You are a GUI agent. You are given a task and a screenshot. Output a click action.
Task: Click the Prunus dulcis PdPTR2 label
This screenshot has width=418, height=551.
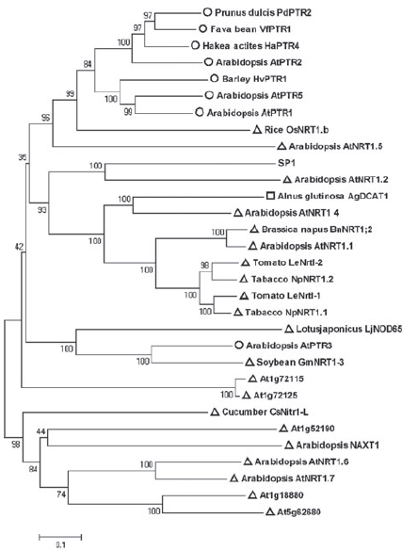tap(263, 12)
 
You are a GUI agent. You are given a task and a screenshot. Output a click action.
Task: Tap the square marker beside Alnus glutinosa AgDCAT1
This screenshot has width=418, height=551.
tap(270, 196)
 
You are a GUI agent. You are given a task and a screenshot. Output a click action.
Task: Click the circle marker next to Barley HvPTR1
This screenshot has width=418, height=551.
tap(214, 78)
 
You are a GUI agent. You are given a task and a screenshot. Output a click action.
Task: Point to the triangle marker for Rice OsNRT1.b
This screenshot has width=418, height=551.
tap(257, 130)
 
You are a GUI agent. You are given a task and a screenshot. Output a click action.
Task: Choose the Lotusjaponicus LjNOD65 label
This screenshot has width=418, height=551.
tap(348, 329)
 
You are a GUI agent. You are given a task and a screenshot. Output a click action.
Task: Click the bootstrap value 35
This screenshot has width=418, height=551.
tap(23, 158)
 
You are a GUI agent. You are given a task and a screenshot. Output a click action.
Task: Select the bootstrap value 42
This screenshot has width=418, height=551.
tap(19, 247)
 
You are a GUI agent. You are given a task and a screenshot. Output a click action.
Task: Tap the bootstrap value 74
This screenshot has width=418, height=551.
tap(61, 494)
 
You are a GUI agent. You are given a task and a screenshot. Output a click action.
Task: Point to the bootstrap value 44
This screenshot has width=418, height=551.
tap(41, 431)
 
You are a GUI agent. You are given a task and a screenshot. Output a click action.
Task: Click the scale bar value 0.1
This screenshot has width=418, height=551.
tap(60, 545)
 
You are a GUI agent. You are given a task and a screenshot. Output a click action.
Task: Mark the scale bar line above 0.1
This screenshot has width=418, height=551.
tap(60, 537)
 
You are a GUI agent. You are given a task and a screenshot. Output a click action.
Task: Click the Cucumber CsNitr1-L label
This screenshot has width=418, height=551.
tap(265, 412)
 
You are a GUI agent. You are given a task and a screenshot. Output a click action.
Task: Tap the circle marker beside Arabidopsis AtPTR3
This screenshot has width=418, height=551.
tap(238, 345)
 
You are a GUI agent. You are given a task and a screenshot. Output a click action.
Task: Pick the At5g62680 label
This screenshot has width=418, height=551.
tap(298, 511)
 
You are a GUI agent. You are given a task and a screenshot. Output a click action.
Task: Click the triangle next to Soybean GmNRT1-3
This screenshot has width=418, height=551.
tap(249, 362)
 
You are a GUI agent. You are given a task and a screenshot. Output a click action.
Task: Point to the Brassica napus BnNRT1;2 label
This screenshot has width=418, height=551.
tap(317, 230)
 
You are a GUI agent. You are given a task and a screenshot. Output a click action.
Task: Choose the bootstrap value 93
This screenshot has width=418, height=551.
tap(42, 210)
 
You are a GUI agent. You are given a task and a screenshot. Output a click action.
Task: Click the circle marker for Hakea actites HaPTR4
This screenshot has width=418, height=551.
tap(195, 45)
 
